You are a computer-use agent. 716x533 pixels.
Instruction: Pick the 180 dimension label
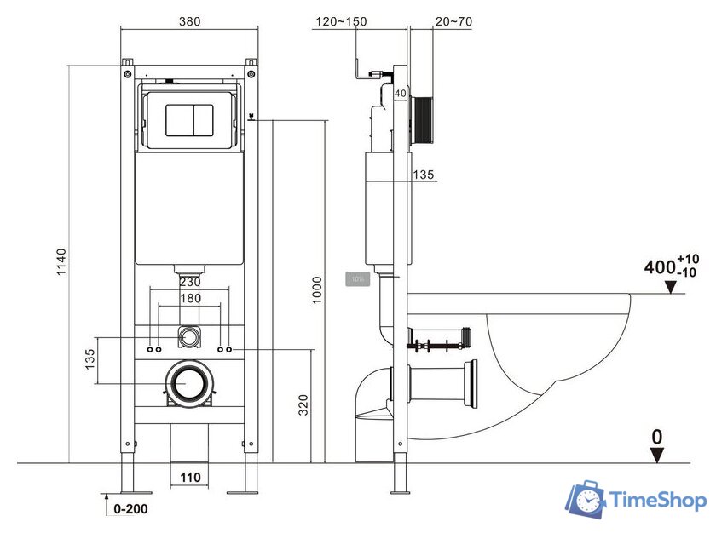(x=189, y=298)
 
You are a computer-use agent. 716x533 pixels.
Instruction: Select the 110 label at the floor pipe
(x=190, y=478)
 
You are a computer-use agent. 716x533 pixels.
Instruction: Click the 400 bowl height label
(x=659, y=266)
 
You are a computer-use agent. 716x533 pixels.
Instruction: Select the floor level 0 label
(x=656, y=437)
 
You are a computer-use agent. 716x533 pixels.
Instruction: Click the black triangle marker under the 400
(x=671, y=288)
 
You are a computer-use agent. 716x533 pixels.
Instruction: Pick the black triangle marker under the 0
(x=656, y=456)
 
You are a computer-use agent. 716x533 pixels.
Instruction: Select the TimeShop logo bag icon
(x=586, y=500)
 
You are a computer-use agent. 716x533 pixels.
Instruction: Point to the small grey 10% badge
(x=356, y=278)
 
